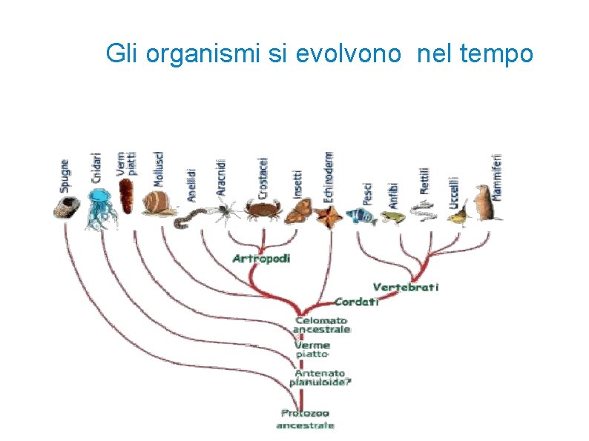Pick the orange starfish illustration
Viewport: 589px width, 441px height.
(327, 215)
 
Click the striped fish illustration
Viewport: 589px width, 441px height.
(362, 215)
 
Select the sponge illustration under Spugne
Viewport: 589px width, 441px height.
(66, 208)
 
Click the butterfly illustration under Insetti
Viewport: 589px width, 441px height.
(297, 213)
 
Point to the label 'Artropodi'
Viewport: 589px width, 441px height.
(261, 259)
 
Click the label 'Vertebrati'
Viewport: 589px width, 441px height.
(406, 287)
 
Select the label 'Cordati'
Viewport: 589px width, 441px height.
(357, 302)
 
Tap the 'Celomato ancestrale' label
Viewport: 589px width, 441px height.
(321, 325)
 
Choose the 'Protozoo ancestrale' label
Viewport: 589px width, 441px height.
(305, 419)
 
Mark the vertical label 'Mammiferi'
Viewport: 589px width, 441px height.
(497, 176)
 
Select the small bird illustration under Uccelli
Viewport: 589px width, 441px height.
(458, 216)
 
